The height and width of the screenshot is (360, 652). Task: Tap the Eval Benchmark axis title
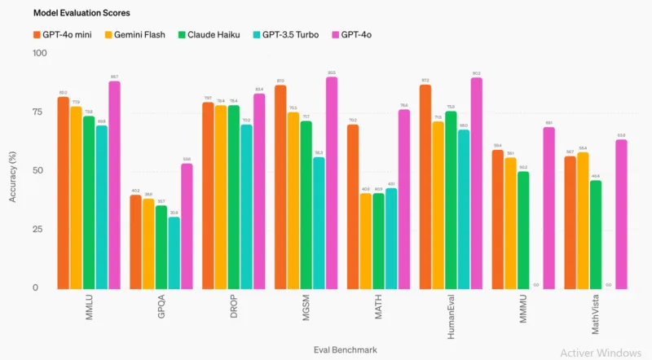(x=346, y=349)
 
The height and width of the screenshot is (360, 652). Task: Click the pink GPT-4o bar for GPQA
(x=187, y=226)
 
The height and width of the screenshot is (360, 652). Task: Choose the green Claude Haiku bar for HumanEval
(x=451, y=200)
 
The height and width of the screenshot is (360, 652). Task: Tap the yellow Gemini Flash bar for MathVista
(x=583, y=220)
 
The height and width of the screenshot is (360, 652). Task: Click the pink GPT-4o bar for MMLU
(x=115, y=184)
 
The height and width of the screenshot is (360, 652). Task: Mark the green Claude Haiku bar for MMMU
(x=522, y=229)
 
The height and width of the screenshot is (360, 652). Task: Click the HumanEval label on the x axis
(x=452, y=314)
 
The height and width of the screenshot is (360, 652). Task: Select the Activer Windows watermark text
(x=600, y=352)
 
